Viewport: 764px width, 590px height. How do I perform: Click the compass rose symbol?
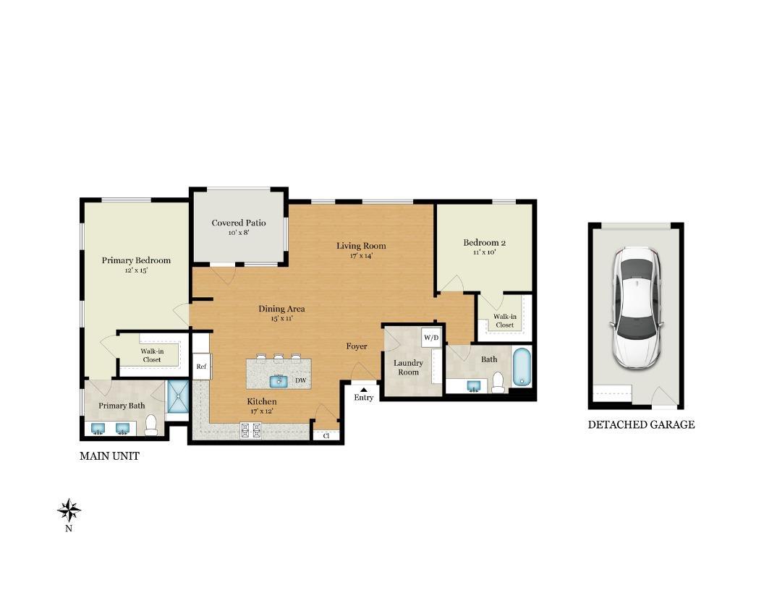click(x=69, y=510)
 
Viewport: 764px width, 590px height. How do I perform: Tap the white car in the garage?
click(x=637, y=307)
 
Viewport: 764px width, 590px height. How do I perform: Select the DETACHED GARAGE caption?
click(x=641, y=425)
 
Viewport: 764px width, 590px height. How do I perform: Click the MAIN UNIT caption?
click(x=109, y=456)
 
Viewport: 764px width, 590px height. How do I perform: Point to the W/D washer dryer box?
click(x=431, y=338)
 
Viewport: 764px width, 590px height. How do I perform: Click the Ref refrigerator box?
click(x=201, y=367)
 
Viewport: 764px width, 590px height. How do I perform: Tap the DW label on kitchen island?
click(x=300, y=381)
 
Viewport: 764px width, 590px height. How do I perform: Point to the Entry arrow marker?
click(x=363, y=390)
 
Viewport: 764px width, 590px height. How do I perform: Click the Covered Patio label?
click(x=239, y=223)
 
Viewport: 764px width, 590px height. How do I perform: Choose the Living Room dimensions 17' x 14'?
click(x=361, y=255)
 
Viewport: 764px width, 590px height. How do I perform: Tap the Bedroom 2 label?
click(x=484, y=242)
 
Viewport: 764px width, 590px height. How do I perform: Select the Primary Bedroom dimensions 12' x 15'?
click(x=136, y=270)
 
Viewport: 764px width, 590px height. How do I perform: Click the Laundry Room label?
click(x=408, y=367)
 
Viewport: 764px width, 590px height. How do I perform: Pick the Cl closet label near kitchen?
click(x=326, y=435)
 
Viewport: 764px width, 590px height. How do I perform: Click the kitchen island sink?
click(x=279, y=380)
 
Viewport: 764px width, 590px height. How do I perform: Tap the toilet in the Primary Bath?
click(x=151, y=426)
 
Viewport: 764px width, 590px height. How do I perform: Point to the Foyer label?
click(x=357, y=346)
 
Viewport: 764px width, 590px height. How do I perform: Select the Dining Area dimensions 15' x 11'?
click(x=281, y=318)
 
